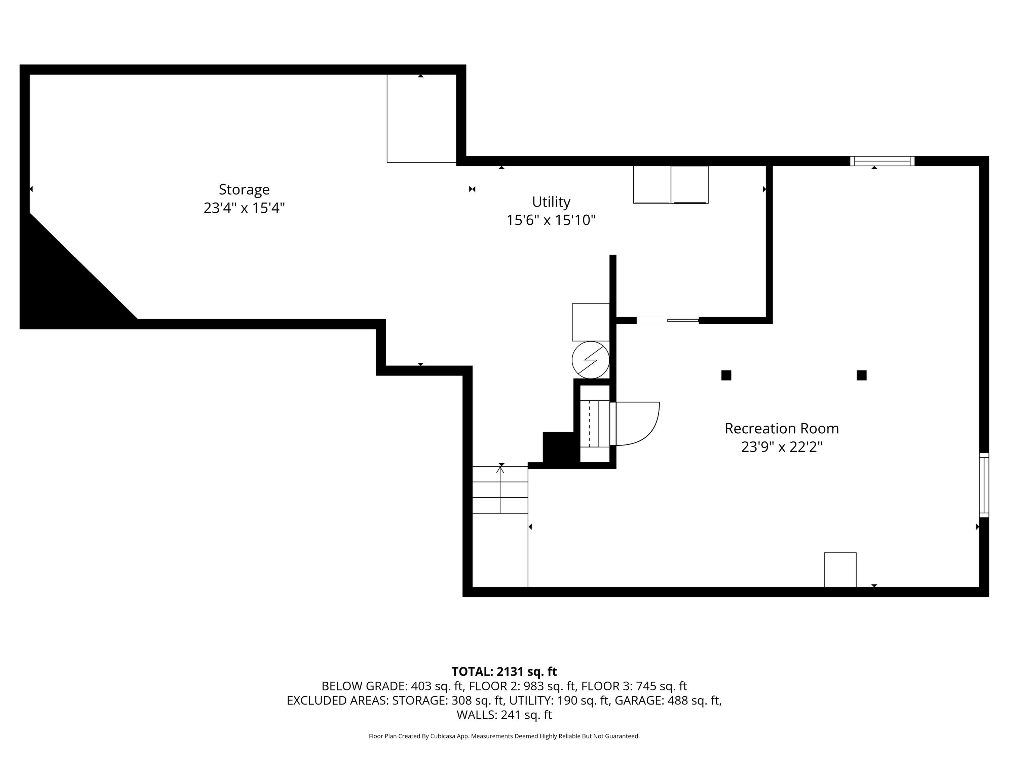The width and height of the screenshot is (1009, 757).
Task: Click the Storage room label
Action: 244,189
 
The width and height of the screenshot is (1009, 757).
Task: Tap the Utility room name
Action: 551,202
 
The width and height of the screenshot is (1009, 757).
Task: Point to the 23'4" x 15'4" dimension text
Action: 244,208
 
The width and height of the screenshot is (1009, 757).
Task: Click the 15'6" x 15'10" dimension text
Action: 551,220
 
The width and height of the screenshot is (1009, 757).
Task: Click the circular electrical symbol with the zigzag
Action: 591,360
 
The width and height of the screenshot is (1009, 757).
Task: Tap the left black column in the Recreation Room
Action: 726,375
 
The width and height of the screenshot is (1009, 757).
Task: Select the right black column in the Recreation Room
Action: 862,375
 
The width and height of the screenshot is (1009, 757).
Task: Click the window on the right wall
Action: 984,485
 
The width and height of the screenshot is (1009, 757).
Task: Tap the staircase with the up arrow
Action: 500,490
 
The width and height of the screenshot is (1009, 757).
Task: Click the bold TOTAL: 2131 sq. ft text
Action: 504,672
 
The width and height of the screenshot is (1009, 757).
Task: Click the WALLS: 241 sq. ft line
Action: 504,715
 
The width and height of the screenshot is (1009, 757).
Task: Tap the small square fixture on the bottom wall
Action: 840,570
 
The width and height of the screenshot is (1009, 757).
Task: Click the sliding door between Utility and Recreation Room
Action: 667,320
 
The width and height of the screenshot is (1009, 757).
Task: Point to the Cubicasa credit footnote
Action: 504,736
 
